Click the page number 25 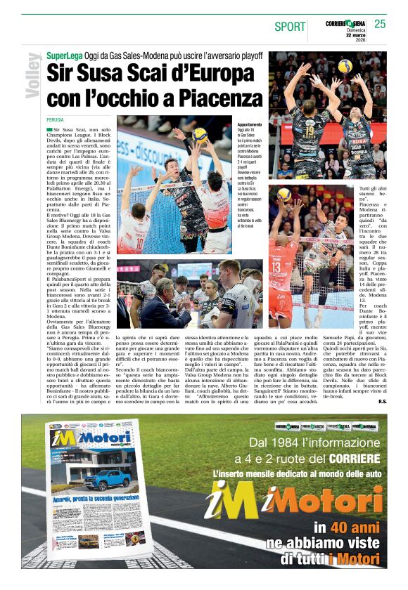380,24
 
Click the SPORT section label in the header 290,27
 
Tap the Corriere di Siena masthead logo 348,23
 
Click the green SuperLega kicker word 64,55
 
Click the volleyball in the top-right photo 345,66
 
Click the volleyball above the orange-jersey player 284,194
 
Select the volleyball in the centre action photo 200,136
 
